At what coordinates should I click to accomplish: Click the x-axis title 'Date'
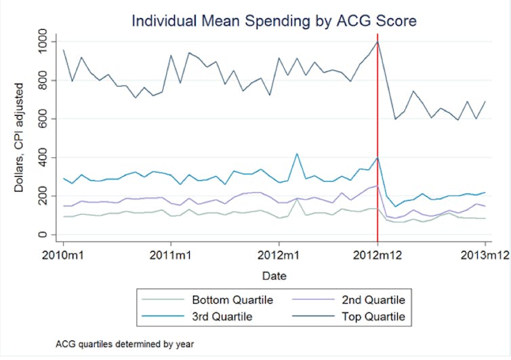click(274, 276)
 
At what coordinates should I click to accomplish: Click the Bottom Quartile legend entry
click(224, 300)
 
